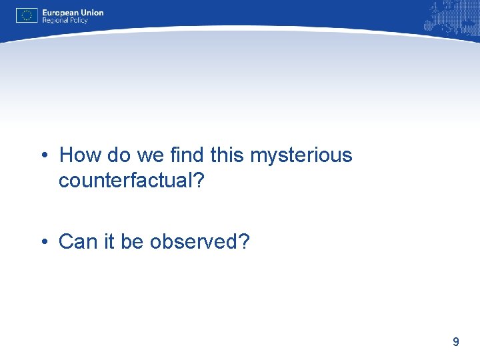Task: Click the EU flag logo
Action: [27, 15]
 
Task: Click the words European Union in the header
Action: [73, 12]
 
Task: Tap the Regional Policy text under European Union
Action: [65, 21]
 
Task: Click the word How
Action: [77, 155]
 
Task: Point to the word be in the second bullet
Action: [132, 242]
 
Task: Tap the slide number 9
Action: [455, 342]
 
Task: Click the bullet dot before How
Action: [43, 156]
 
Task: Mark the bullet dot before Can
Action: [43, 242]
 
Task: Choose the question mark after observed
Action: [243, 242]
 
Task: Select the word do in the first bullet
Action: [116, 155]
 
